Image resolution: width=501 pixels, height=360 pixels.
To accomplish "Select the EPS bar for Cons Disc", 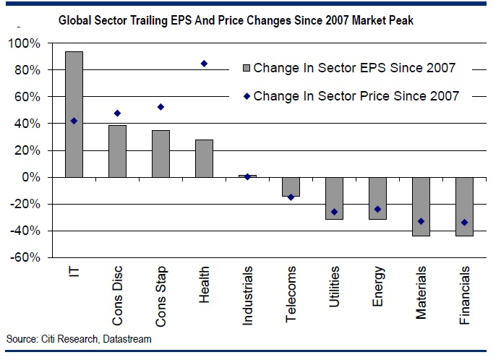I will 117,151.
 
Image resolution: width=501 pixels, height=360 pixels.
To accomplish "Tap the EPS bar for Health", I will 204,158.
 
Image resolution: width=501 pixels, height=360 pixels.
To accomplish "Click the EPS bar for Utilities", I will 334,198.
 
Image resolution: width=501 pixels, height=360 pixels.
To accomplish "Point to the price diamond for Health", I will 204,64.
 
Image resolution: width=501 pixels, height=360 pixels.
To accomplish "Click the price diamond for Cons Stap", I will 160,107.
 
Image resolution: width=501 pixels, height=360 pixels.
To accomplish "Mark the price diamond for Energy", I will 377,209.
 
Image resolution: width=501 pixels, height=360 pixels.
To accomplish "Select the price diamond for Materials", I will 421,221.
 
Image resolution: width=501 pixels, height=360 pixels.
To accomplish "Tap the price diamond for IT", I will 74,121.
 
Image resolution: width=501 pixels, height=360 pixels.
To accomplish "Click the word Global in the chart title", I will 72,20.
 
